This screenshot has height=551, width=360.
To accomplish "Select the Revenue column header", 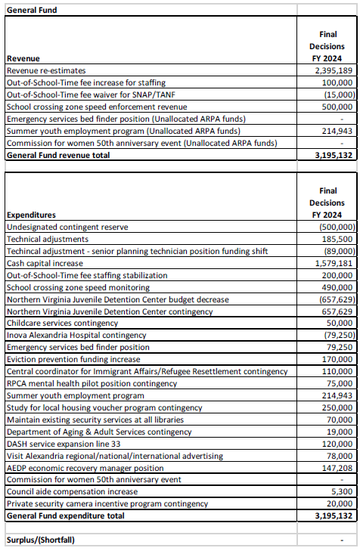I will [x=23, y=58].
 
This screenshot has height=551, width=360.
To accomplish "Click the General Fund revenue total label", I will [x=57, y=155].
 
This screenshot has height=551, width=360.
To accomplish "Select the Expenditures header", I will [x=30, y=215].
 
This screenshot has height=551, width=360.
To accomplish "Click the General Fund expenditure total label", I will [x=65, y=515].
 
